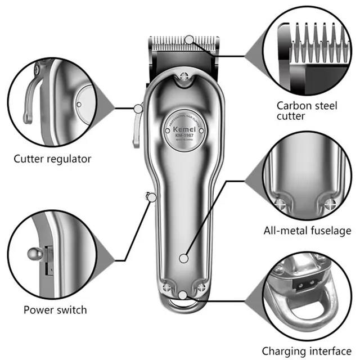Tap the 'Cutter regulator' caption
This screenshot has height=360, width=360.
(52, 159)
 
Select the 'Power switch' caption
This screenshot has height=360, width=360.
(55, 309)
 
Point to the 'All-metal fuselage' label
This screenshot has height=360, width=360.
(307, 230)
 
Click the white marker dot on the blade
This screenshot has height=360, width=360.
(190, 39)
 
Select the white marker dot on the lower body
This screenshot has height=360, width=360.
(183, 258)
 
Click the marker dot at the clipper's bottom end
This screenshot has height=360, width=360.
(184, 295)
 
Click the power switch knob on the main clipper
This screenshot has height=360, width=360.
(148, 196)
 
